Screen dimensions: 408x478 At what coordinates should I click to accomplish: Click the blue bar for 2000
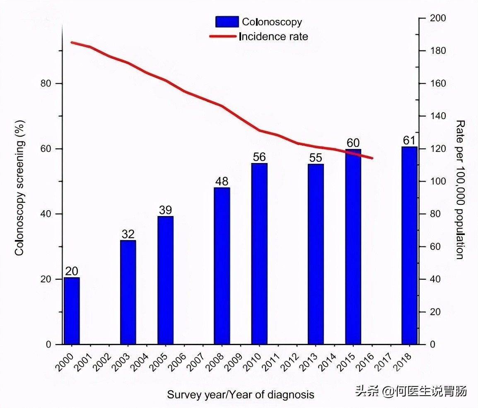tap(72, 311)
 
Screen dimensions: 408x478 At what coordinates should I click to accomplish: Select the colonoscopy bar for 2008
tap(222, 266)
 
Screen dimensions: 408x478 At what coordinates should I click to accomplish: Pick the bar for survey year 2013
tap(316, 254)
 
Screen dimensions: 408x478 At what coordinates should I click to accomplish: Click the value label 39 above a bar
tap(165, 210)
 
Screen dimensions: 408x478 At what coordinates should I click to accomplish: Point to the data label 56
tap(259, 157)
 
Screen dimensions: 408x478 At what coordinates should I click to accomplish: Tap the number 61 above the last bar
tap(409, 140)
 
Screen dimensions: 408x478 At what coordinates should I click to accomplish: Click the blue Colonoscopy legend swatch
tap(227, 22)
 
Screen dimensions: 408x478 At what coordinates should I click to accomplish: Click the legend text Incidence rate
tap(274, 37)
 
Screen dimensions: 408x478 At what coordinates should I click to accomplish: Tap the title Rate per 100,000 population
tap(460, 190)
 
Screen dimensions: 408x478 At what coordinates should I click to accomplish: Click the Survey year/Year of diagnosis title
tap(241, 394)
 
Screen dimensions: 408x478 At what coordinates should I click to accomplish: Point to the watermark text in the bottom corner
tap(411, 391)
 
